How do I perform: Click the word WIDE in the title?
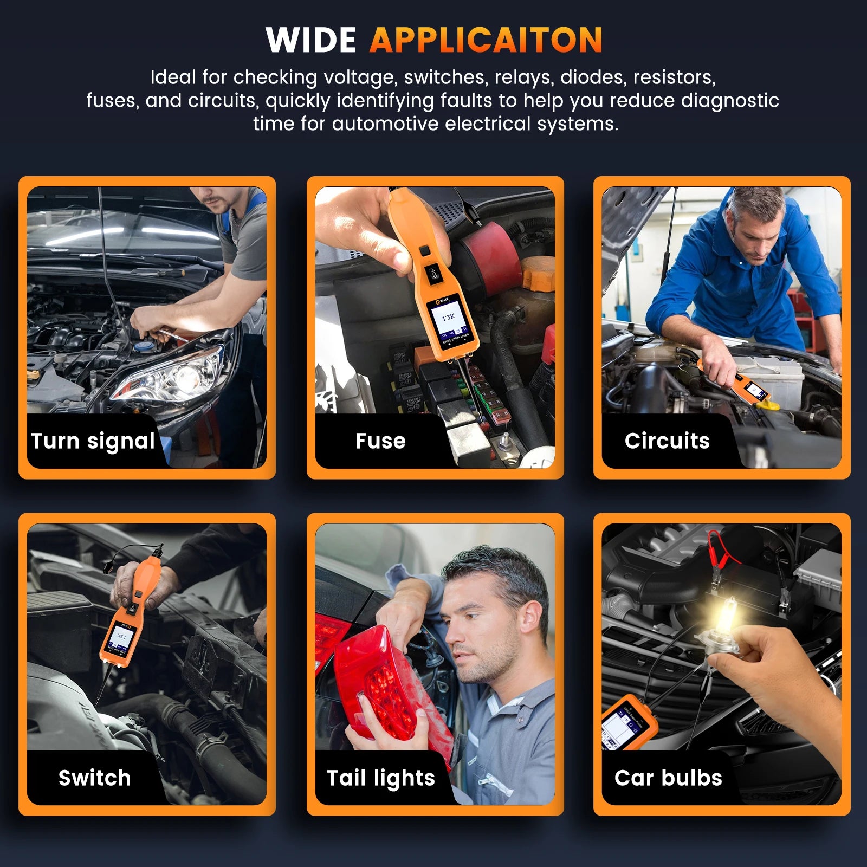pos(310,40)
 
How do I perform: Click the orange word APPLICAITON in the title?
pos(486,40)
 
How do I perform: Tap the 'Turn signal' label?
pos(93,441)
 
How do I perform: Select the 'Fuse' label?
pos(380,441)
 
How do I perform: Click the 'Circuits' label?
pos(667,441)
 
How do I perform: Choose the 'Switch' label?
pos(94,778)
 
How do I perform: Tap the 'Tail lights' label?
pos(380,778)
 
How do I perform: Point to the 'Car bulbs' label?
pos(668,778)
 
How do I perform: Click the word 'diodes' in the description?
pos(593,77)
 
